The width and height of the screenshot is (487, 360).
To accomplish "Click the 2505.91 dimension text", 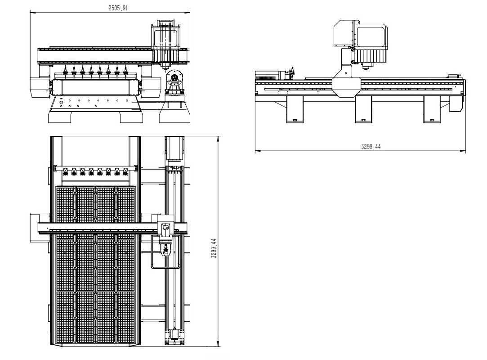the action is [x=118, y=8].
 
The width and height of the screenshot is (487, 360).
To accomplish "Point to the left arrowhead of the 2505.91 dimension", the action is [x=32, y=13].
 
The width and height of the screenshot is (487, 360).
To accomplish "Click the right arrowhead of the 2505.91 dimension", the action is [x=188, y=13].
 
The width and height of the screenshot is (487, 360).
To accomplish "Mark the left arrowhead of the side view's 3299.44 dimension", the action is [x=258, y=151].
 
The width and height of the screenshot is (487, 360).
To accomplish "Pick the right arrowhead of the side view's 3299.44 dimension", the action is [x=463, y=151].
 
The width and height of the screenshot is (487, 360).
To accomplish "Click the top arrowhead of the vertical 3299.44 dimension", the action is [x=218, y=139].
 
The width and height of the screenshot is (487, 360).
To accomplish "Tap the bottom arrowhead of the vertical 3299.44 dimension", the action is [x=218, y=344].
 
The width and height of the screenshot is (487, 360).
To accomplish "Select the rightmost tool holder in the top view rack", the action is [x=126, y=171].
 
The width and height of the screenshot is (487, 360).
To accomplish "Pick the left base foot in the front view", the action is [x=60, y=117].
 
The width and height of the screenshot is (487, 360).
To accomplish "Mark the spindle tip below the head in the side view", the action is [x=367, y=65].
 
